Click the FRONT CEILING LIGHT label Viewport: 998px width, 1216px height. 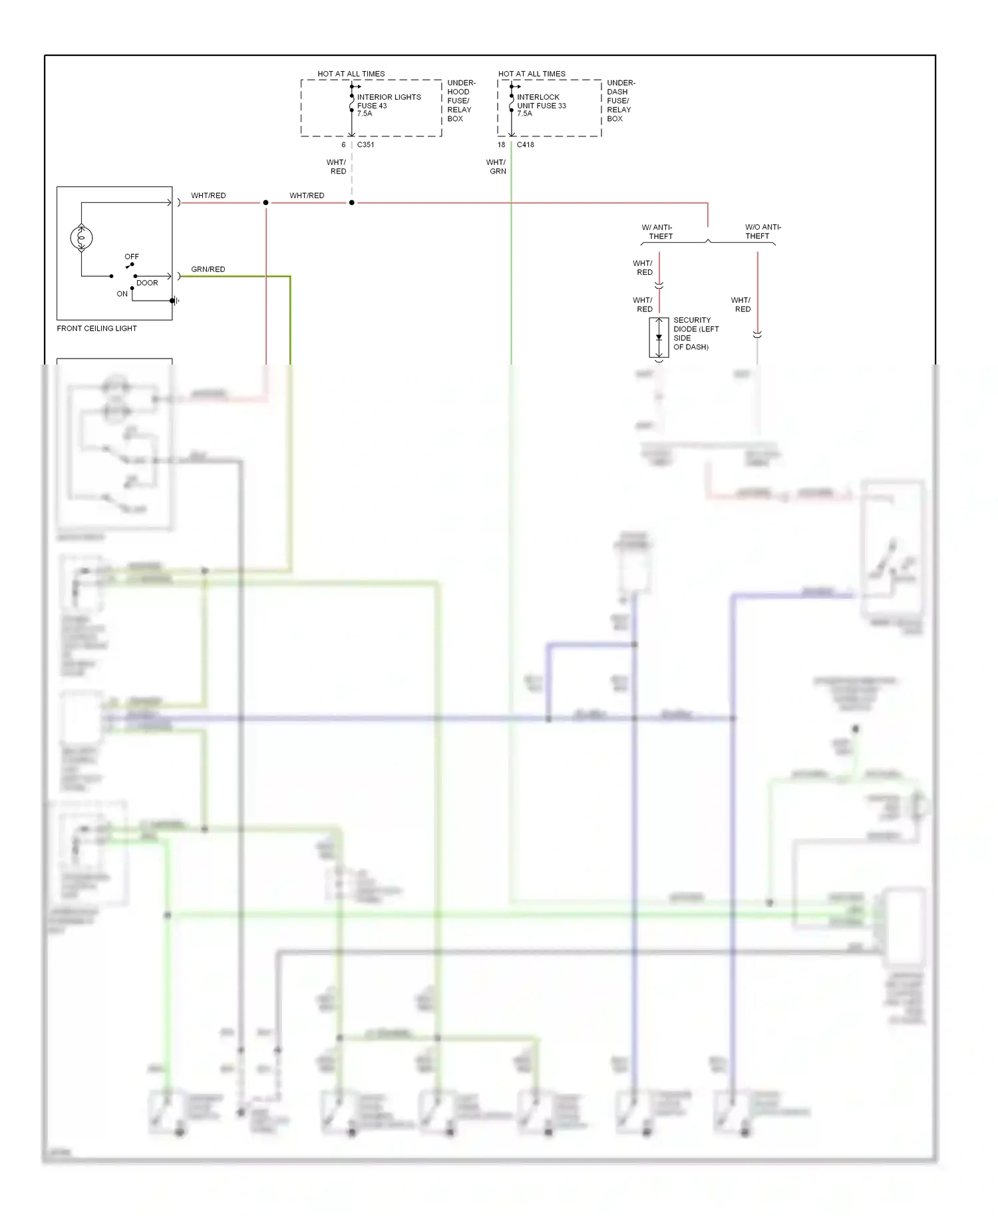point(96,328)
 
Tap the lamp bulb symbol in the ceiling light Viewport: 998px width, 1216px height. point(81,237)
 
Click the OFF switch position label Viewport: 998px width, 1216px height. point(132,256)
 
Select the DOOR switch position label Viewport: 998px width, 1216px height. point(147,283)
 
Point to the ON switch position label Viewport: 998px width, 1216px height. point(122,293)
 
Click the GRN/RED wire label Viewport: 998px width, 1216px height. point(208,269)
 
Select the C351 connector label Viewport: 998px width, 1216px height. point(365,144)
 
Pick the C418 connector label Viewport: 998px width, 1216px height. point(525,144)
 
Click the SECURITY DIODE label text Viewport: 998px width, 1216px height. point(695,333)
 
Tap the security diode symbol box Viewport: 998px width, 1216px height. point(659,337)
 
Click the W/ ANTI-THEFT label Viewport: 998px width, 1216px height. point(658,231)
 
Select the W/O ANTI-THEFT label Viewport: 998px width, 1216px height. point(762,231)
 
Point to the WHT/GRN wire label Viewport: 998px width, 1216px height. point(496,166)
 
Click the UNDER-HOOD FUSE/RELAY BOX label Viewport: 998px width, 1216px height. point(460,101)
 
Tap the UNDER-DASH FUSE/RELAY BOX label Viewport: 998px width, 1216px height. point(620,101)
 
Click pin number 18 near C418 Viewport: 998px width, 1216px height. point(501,144)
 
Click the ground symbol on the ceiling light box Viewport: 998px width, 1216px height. point(174,301)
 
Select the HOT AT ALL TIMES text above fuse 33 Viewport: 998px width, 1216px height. point(532,74)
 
